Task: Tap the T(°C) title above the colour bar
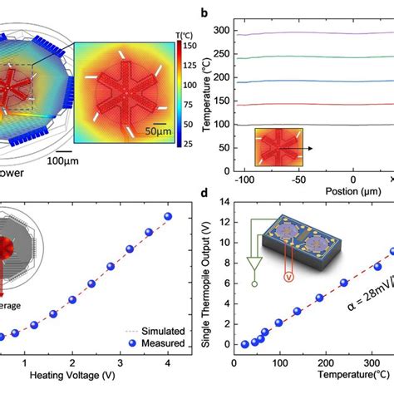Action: [x=185, y=35]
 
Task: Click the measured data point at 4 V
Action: [x=168, y=216]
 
